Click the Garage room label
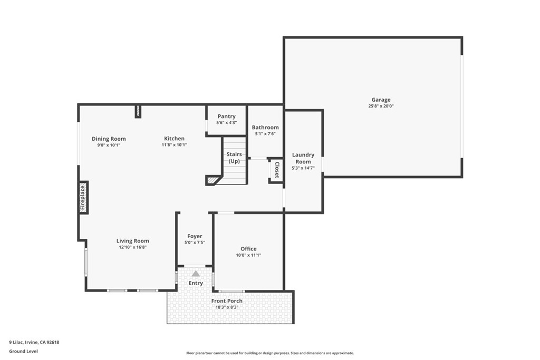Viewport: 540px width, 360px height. click(x=381, y=100)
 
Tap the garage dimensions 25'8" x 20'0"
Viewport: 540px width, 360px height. click(x=381, y=106)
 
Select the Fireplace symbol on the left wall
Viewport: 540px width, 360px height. click(x=83, y=197)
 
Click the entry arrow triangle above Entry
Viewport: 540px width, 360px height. click(x=196, y=274)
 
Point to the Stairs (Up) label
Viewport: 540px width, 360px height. click(x=234, y=158)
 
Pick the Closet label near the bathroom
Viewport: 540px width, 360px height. click(x=276, y=170)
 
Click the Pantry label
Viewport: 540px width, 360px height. click(x=226, y=116)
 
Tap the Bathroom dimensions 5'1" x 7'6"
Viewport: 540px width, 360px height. click(x=265, y=134)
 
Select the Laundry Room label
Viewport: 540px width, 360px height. click(x=303, y=158)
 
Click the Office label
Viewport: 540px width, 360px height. click(x=248, y=249)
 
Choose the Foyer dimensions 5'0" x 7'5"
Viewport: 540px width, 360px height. click(x=195, y=242)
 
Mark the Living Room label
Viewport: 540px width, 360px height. click(x=132, y=241)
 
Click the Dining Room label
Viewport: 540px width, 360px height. click(x=109, y=139)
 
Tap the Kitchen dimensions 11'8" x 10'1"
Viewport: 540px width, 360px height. click(x=174, y=144)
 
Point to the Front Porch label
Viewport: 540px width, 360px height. click(x=227, y=301)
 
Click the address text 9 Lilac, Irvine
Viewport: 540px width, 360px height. click(x=34, y=342)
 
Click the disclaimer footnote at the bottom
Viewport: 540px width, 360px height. click(x=269, y=353)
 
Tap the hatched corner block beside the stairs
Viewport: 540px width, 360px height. click(x=212, y=180)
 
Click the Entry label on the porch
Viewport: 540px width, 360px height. click(x=196, y=283)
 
